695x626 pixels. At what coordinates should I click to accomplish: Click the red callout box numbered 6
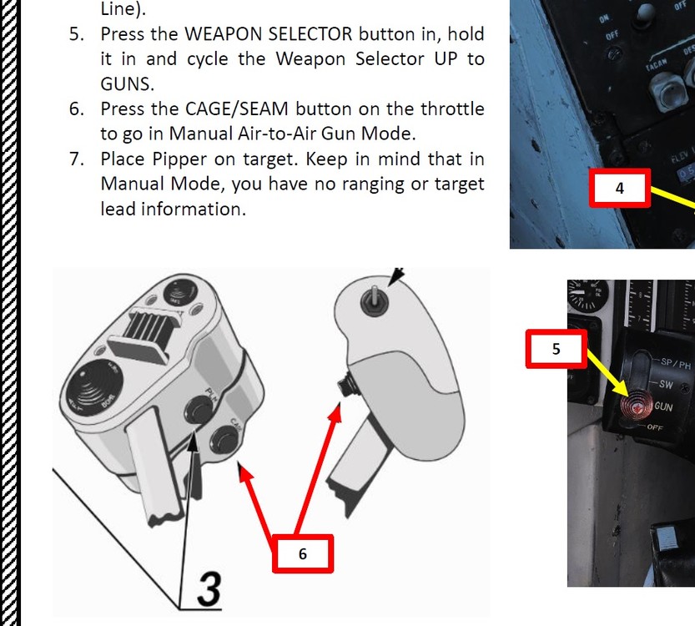pos(303,554)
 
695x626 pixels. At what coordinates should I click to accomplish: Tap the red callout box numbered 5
pos(557,349)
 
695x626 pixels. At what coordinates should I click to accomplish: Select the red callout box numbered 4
pos(619,189)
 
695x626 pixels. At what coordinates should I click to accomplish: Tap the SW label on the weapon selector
pos(666,385)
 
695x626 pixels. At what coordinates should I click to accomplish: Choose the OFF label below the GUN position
pos(658,427)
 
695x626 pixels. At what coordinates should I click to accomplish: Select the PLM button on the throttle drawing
pos(198,409)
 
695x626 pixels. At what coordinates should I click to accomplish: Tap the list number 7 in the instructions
pos(77,159)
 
